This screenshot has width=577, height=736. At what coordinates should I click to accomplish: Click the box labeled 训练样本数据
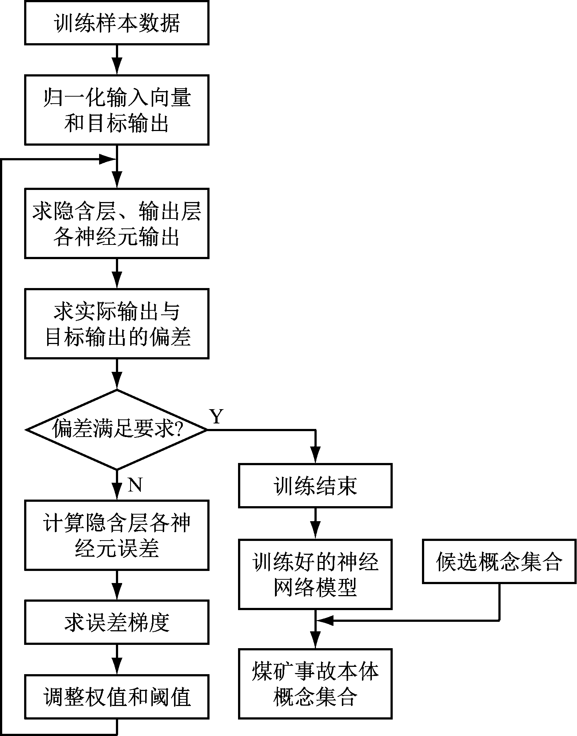117,23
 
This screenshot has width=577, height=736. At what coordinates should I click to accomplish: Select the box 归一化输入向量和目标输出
117,110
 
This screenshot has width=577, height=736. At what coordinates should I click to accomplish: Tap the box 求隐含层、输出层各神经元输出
117,223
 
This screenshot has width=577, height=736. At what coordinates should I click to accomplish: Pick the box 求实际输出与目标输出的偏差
117,324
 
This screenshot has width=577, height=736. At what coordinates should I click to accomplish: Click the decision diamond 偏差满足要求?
117,429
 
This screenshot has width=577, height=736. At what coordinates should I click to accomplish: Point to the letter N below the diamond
135,485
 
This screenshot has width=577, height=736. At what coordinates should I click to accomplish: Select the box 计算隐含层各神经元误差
117,535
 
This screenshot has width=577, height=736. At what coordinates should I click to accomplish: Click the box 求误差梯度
117,622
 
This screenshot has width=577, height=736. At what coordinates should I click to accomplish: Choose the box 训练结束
315,486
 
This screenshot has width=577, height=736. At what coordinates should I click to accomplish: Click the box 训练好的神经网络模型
315,574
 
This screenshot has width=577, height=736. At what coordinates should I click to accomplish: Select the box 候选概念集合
499,561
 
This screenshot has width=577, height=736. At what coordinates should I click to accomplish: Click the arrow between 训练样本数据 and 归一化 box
117,60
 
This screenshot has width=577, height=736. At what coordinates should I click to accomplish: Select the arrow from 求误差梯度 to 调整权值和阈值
117,660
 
